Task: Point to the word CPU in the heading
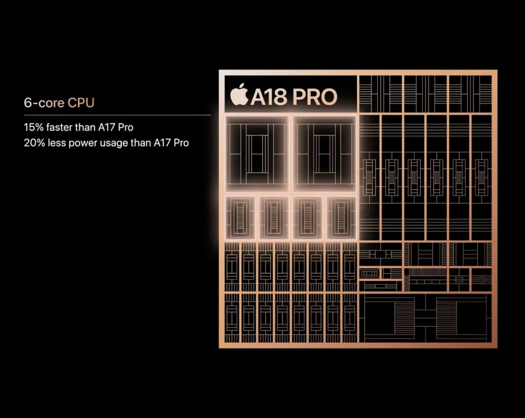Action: (81, 103)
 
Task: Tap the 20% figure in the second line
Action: (33, 143)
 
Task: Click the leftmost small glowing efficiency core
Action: (240, 217)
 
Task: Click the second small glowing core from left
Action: (274, 217)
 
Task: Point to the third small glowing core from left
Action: (308, 217)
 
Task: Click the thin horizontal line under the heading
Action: (117, 115)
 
